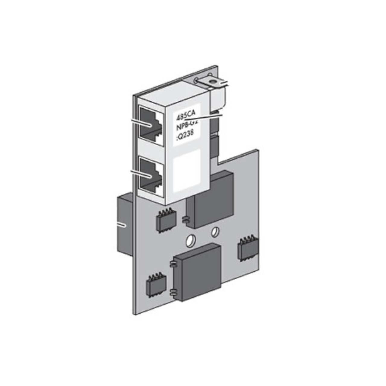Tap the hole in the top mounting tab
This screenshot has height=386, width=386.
point(213,81)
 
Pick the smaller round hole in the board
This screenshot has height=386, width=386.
point(215,232)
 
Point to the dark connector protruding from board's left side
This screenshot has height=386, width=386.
point(125,225)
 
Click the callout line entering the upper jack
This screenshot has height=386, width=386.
point(142,122)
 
